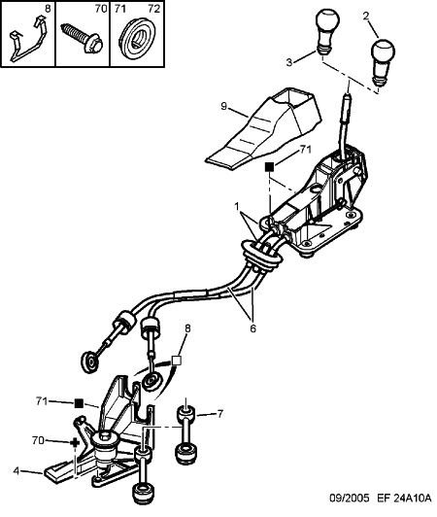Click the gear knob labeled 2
tap(383, 62)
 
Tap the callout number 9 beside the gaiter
tap(224, 107)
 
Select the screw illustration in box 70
tap(83, 38)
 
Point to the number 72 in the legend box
tap(153, 9)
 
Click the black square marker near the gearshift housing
tap(269, 167)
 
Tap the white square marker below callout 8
tap(177, 361)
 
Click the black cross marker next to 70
tap(75, 442)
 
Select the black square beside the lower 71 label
tap(79, 403)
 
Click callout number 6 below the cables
tap(252, 328)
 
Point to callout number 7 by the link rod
tap(219, 413)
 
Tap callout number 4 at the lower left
tap(17, 470)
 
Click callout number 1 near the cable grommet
tap(237, 207)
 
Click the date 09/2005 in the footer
tap(350, 507)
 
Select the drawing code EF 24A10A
tap(404, 507)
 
